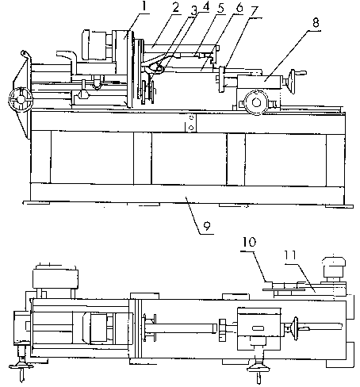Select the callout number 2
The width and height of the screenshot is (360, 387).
(x=176, y=8)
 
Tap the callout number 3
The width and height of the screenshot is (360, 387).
(x=193, y=11)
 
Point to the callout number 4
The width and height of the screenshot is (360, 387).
(x=205, y=7)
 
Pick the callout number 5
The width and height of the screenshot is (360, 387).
(x=220, y=9)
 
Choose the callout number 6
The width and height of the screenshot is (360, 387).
(x=239, y=8)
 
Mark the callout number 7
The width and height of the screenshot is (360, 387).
(x=254, y=11)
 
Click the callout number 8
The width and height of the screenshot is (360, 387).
(x=316, y=23)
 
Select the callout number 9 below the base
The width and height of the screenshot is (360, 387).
(x=207, y=226)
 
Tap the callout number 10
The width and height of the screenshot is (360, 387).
(x=250, y=242)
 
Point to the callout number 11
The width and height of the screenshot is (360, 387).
(x=291, y=255)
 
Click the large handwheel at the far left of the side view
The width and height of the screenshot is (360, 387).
(x=21, y=99)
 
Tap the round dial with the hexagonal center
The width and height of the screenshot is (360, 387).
(x=256, y=102)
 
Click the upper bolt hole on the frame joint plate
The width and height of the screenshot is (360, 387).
(x=192, y=117)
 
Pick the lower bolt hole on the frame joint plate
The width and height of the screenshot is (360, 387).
(x=192, y=128)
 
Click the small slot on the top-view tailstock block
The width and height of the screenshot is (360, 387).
(x=258, y=328)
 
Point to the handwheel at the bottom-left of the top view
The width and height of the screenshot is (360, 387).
(x=21, y=366)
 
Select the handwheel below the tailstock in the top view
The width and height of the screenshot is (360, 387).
(x=259, y=367)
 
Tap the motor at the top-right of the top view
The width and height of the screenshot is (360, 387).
(x=334, y=267)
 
